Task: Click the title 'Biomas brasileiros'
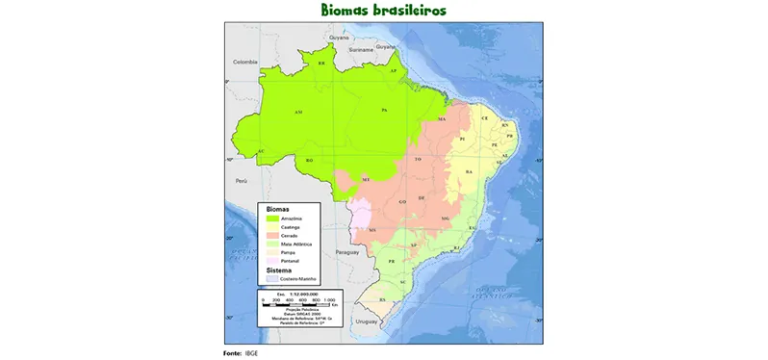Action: tap(384, 10)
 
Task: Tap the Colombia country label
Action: tap(246, 61)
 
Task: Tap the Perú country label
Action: tap(242, 180)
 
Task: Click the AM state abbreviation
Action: tap(298, 113)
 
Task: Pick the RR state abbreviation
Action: tap(321, 64)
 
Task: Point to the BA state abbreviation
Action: tap(470, 171)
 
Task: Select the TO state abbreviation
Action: tap(418, 158)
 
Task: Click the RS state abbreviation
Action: tap(383, 299)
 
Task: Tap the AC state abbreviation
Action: tap(260, 151)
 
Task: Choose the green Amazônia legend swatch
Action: tap(273, 219)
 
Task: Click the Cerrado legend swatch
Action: tap(273, 236)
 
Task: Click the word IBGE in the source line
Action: tap(252, 353)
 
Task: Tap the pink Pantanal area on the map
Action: tap(360, 216)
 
